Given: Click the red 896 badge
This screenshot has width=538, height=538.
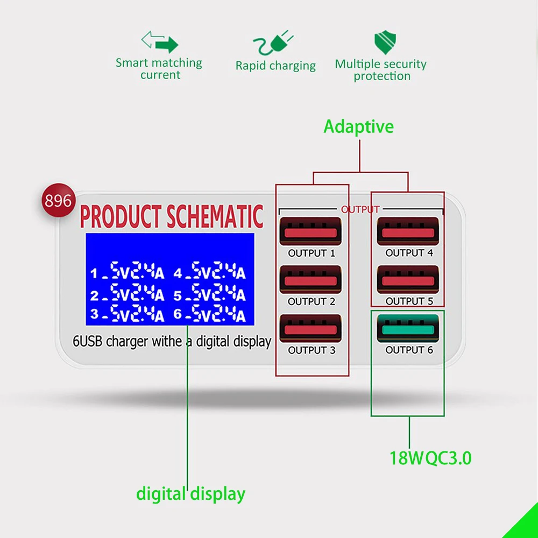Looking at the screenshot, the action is pos(58,200).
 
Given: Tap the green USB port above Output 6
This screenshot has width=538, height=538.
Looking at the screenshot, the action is pos(408,328).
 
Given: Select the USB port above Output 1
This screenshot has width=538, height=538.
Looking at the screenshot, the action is pos(310,231).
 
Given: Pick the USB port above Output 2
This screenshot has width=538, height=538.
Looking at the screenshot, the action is pos(310,280).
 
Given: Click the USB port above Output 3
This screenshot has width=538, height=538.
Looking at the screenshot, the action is pos(310,328).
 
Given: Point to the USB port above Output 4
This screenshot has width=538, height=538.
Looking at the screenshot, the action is pos(408,231).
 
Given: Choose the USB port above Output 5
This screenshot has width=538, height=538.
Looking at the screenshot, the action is pos(408,280).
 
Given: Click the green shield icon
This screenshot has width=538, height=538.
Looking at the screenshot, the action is pos(385,42).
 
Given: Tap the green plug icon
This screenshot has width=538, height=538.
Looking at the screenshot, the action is pos(273,43).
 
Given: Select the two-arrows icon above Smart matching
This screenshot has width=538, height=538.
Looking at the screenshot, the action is pos(160,42).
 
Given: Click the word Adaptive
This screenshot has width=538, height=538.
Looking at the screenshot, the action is pos(358,126).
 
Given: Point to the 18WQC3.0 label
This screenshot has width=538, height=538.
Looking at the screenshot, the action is pos(430,458).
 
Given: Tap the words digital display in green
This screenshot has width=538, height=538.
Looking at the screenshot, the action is pos(191,494).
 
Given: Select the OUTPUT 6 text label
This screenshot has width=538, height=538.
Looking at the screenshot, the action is pos(409,350).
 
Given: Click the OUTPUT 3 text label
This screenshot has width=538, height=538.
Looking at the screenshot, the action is pos(312,350).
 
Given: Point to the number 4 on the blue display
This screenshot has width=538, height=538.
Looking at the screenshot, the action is pos(178,273).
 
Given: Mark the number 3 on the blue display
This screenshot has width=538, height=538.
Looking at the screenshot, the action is pos(94,314).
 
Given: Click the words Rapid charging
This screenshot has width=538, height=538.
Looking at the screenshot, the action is pos(275,66).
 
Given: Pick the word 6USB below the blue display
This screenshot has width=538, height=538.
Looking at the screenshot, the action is pos(88,342).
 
